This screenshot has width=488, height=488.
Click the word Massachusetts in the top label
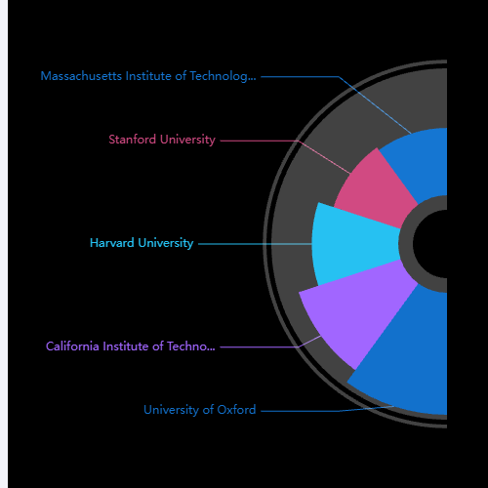click(x=81, y=76)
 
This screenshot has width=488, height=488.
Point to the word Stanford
click(x=133, y=140)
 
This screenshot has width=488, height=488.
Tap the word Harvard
click(x=112, y=243)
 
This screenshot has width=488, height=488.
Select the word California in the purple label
click(x=72, y=346)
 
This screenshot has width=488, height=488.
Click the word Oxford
click(x=236, y=410)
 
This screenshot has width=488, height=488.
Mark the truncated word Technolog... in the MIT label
click(x=223, y=77)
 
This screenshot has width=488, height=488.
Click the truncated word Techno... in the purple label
click(x=191, y=346)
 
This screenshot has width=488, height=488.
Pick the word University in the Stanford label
click(x=187, y=140)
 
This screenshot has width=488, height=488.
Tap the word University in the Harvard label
click(x=166, y=243)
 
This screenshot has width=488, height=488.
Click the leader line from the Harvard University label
click(x=255, y=244)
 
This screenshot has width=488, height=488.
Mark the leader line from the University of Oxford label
click(x=327, y=411)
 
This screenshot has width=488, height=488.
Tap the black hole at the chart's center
click(x=430, y=244)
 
